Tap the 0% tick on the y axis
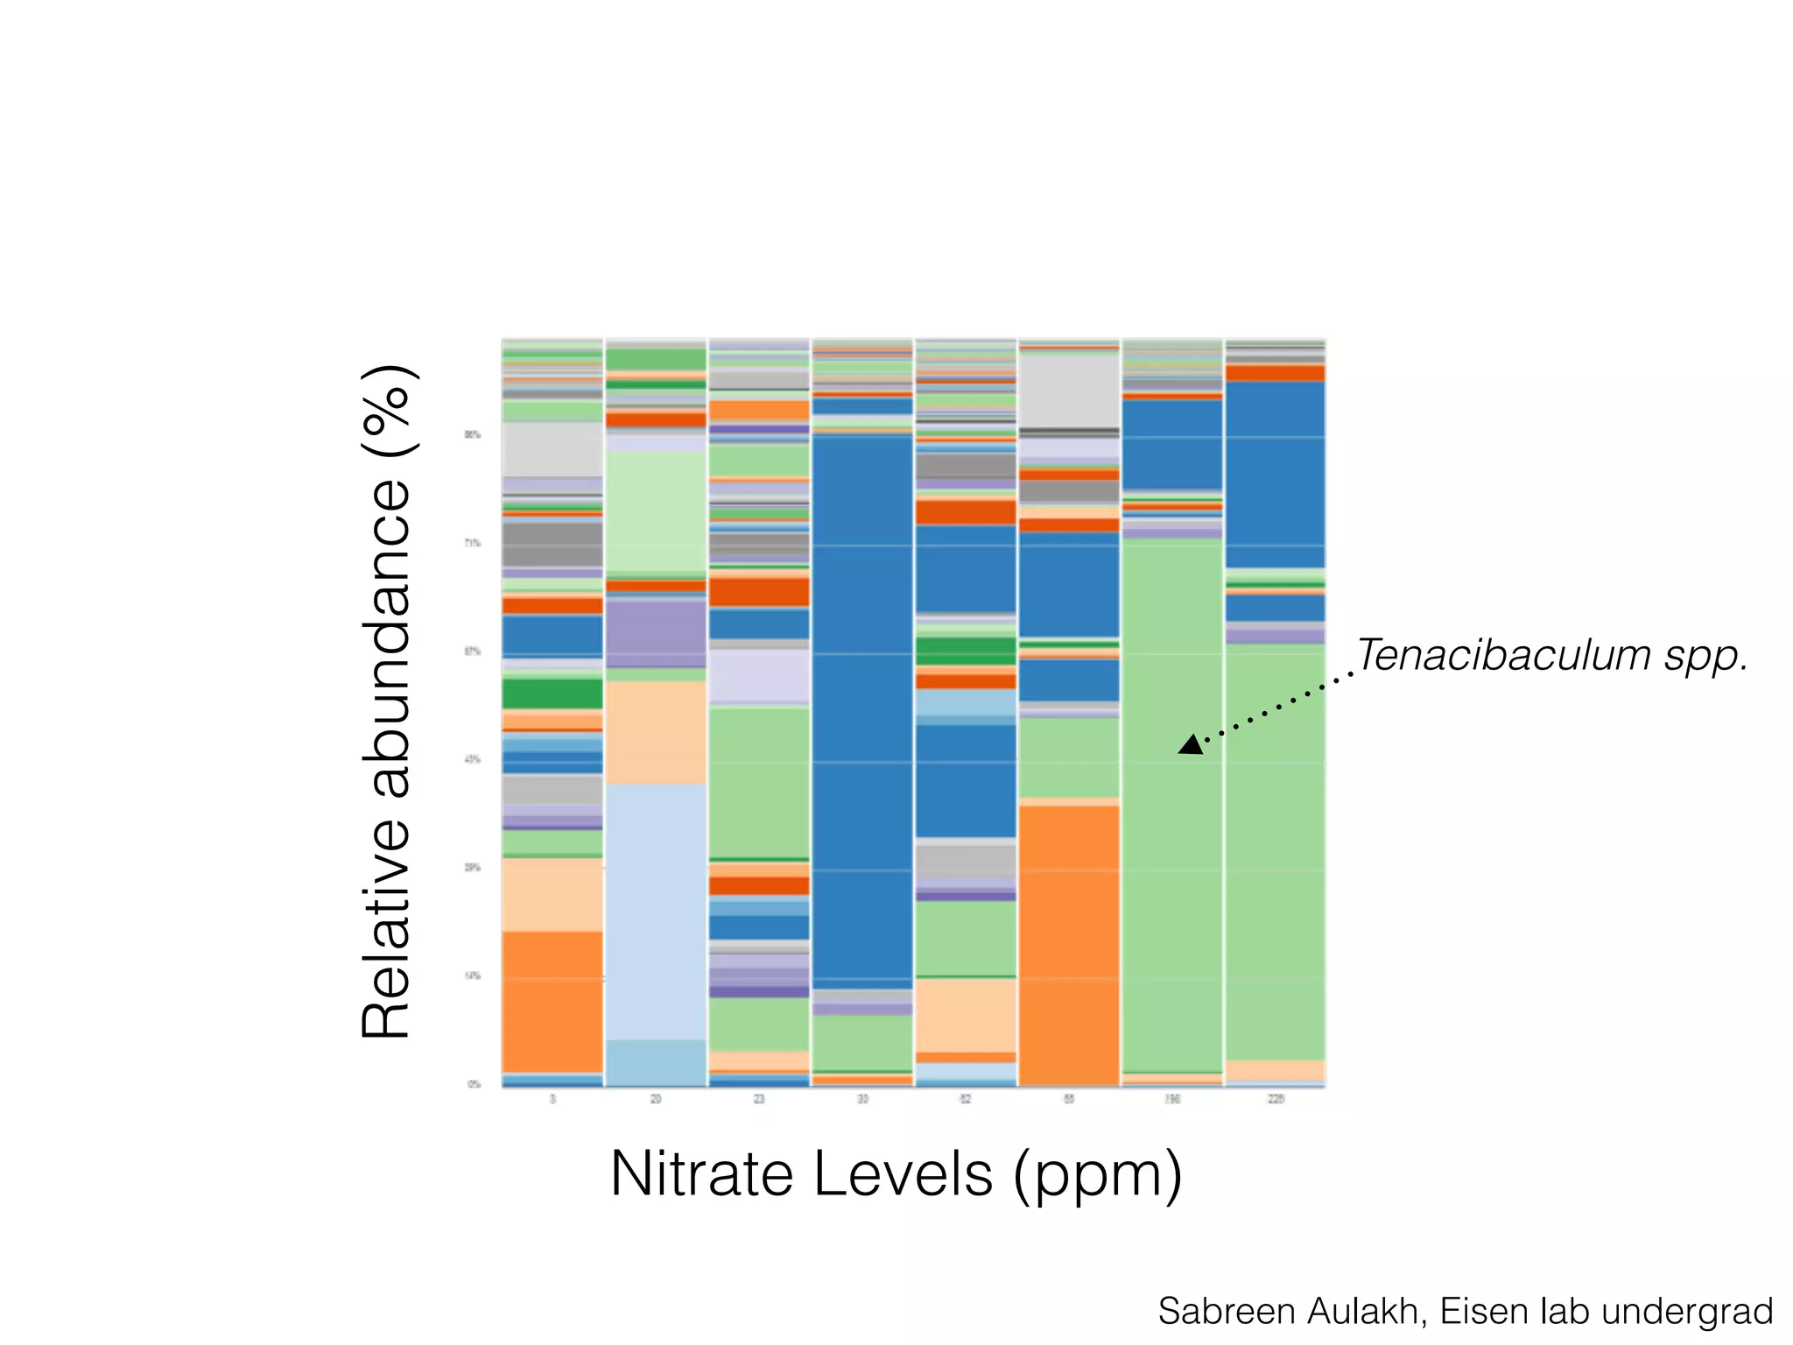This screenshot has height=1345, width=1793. click(474, 1084)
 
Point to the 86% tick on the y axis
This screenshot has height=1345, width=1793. click(472, 434)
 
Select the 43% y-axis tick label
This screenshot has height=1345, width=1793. click(472, 759)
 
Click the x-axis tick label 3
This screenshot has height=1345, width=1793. click(552, 1099)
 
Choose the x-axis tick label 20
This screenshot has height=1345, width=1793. click(656, 1099)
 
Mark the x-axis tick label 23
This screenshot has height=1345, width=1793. click(759, 1099)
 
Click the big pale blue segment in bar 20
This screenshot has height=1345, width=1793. click(656, 911)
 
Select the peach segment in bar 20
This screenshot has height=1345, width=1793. click(656, 732)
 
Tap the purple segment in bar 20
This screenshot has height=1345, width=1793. click(656, 632)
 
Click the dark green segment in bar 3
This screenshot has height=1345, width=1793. click(552, 694)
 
